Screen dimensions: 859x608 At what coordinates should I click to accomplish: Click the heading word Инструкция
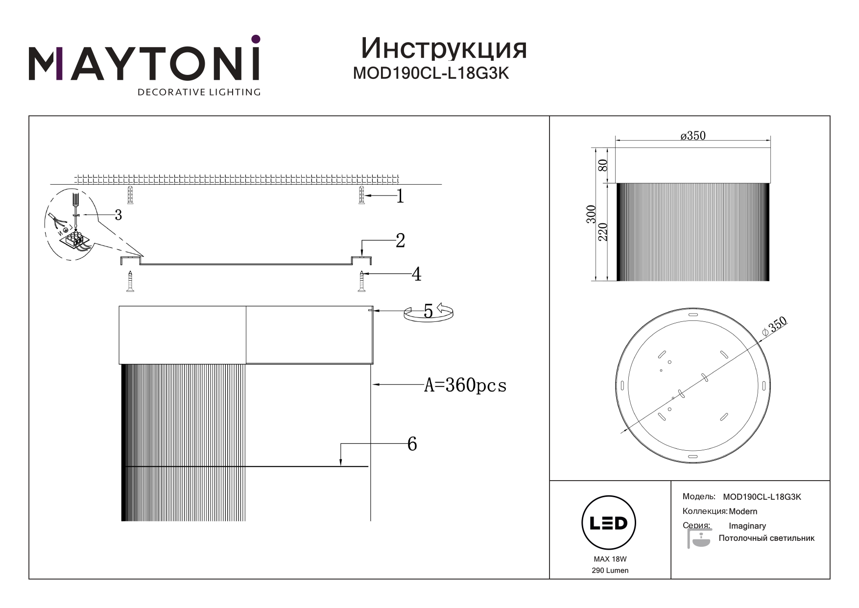pos(444,49)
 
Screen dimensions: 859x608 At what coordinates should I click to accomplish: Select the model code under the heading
pos(431,73)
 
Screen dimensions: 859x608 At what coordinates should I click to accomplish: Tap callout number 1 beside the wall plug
pos(400,196)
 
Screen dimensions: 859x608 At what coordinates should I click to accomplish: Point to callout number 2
pos(400,241)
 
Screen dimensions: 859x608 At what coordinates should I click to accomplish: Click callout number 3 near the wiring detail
pos(118,215)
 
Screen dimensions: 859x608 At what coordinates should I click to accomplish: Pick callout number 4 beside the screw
pos(416,274)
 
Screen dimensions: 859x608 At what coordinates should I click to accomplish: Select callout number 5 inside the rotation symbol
pos(428,311)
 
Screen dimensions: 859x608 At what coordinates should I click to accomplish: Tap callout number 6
pos(412,444)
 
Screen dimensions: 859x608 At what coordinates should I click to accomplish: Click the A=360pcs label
pos(465,386)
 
